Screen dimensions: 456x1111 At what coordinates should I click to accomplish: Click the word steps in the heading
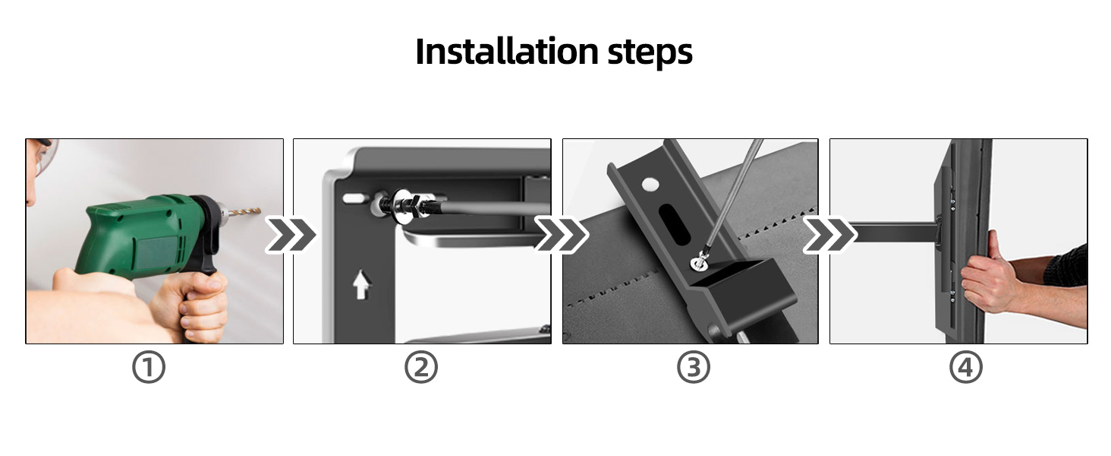[650, 52]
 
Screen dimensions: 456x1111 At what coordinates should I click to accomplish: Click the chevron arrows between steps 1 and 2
[290, 235]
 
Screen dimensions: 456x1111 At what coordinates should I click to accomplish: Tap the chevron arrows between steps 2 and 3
[561, 235]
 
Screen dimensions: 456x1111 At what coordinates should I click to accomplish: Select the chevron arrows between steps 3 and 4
[829, 235]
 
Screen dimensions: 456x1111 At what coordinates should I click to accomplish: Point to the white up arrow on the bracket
[362, 286]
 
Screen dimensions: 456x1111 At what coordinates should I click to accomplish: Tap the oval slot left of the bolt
[354, 198]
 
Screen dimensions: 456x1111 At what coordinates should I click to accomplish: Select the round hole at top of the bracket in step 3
[650, 184]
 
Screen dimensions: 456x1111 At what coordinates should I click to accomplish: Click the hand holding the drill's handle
[197, 304]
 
